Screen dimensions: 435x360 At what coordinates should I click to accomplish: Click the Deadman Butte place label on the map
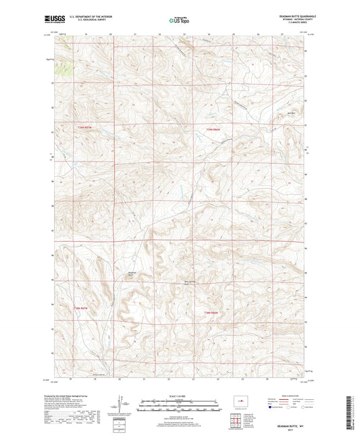(x=132, y=274)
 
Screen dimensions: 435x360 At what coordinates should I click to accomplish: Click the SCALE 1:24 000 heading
(x=180, y=395)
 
